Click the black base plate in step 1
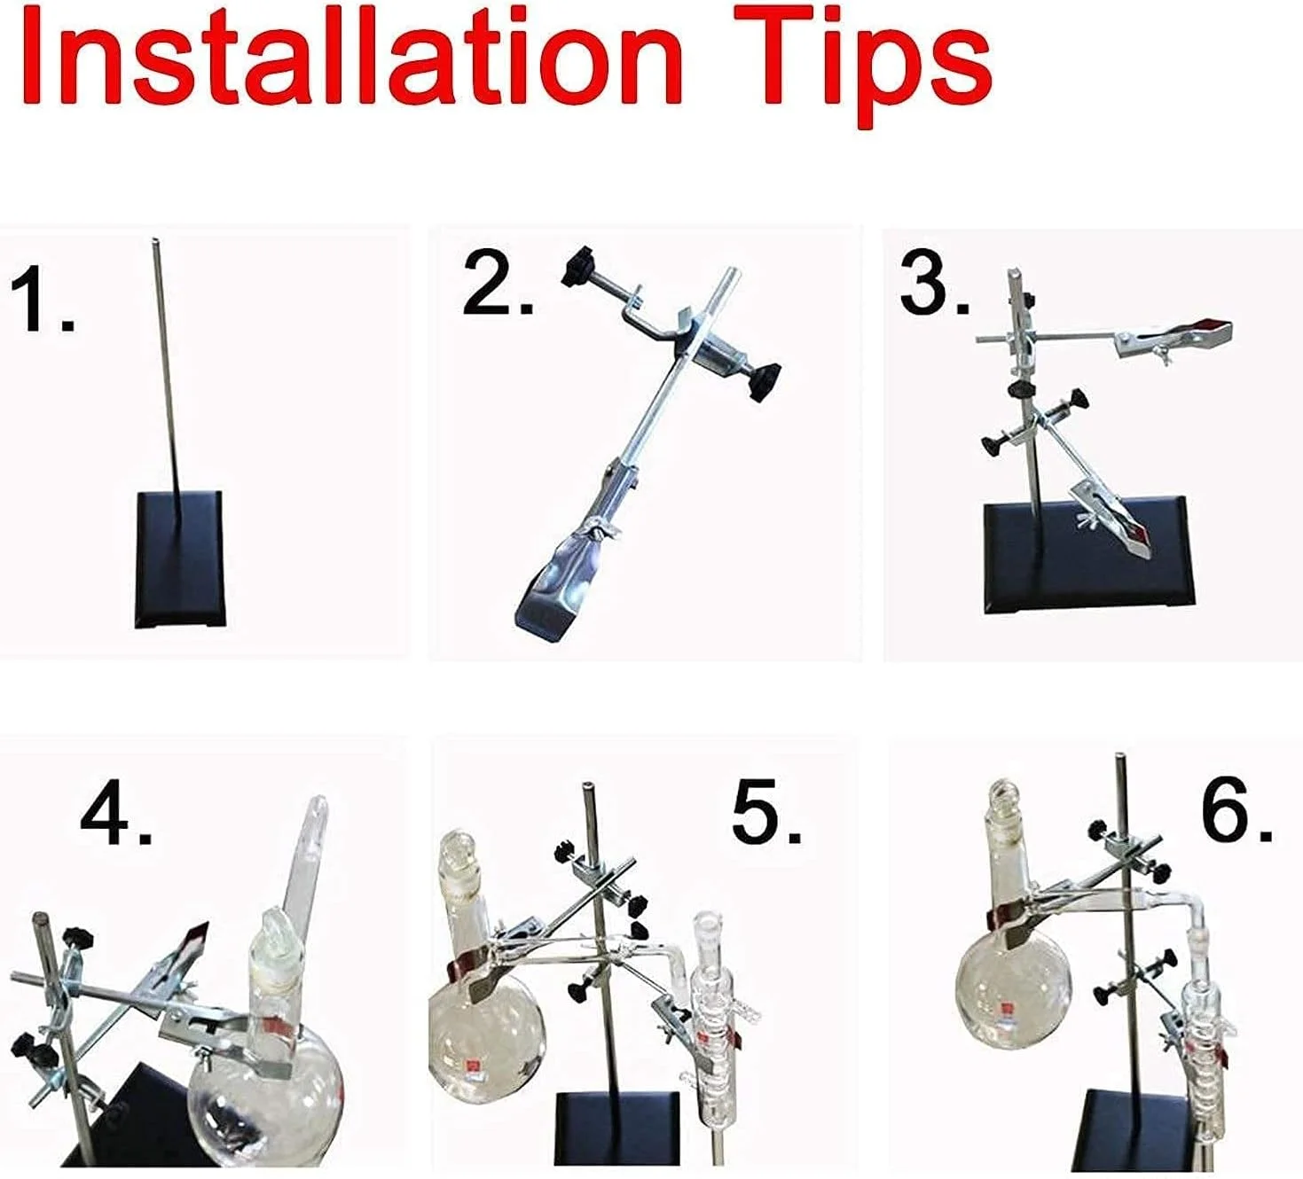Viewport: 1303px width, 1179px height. click(180, 559)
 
